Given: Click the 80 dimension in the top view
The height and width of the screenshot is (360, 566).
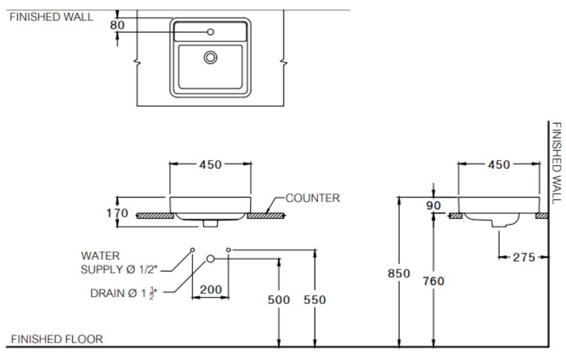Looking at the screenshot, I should (117, 25).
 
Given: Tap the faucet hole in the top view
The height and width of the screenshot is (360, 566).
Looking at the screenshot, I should (211, 32).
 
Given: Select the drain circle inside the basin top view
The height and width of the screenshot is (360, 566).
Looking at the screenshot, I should (211, 57).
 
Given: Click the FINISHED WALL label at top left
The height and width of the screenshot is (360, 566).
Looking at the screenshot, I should (51, 17).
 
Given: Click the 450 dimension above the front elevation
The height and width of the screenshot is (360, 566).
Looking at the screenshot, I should (211, 164).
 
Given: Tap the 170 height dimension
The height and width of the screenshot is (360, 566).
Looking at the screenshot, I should (117, 213).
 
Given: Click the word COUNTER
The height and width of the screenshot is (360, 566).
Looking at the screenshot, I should (312, 197).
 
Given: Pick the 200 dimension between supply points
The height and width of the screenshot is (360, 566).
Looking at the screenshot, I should (211, 290).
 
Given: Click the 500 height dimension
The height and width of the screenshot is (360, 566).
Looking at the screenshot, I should (278, 299).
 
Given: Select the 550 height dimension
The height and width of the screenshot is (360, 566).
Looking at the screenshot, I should (315, 299).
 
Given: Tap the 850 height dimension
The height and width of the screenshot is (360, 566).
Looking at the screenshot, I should (398, 273).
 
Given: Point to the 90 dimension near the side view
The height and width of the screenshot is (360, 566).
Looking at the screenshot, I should (433, 206).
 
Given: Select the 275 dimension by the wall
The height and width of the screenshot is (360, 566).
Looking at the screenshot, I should (524, 257).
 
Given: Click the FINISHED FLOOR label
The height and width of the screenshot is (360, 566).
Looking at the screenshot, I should (57, 339).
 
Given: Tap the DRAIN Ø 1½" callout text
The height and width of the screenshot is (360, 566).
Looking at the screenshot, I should (123, 294).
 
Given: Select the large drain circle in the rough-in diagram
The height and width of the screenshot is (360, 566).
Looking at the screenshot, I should (211, 258).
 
